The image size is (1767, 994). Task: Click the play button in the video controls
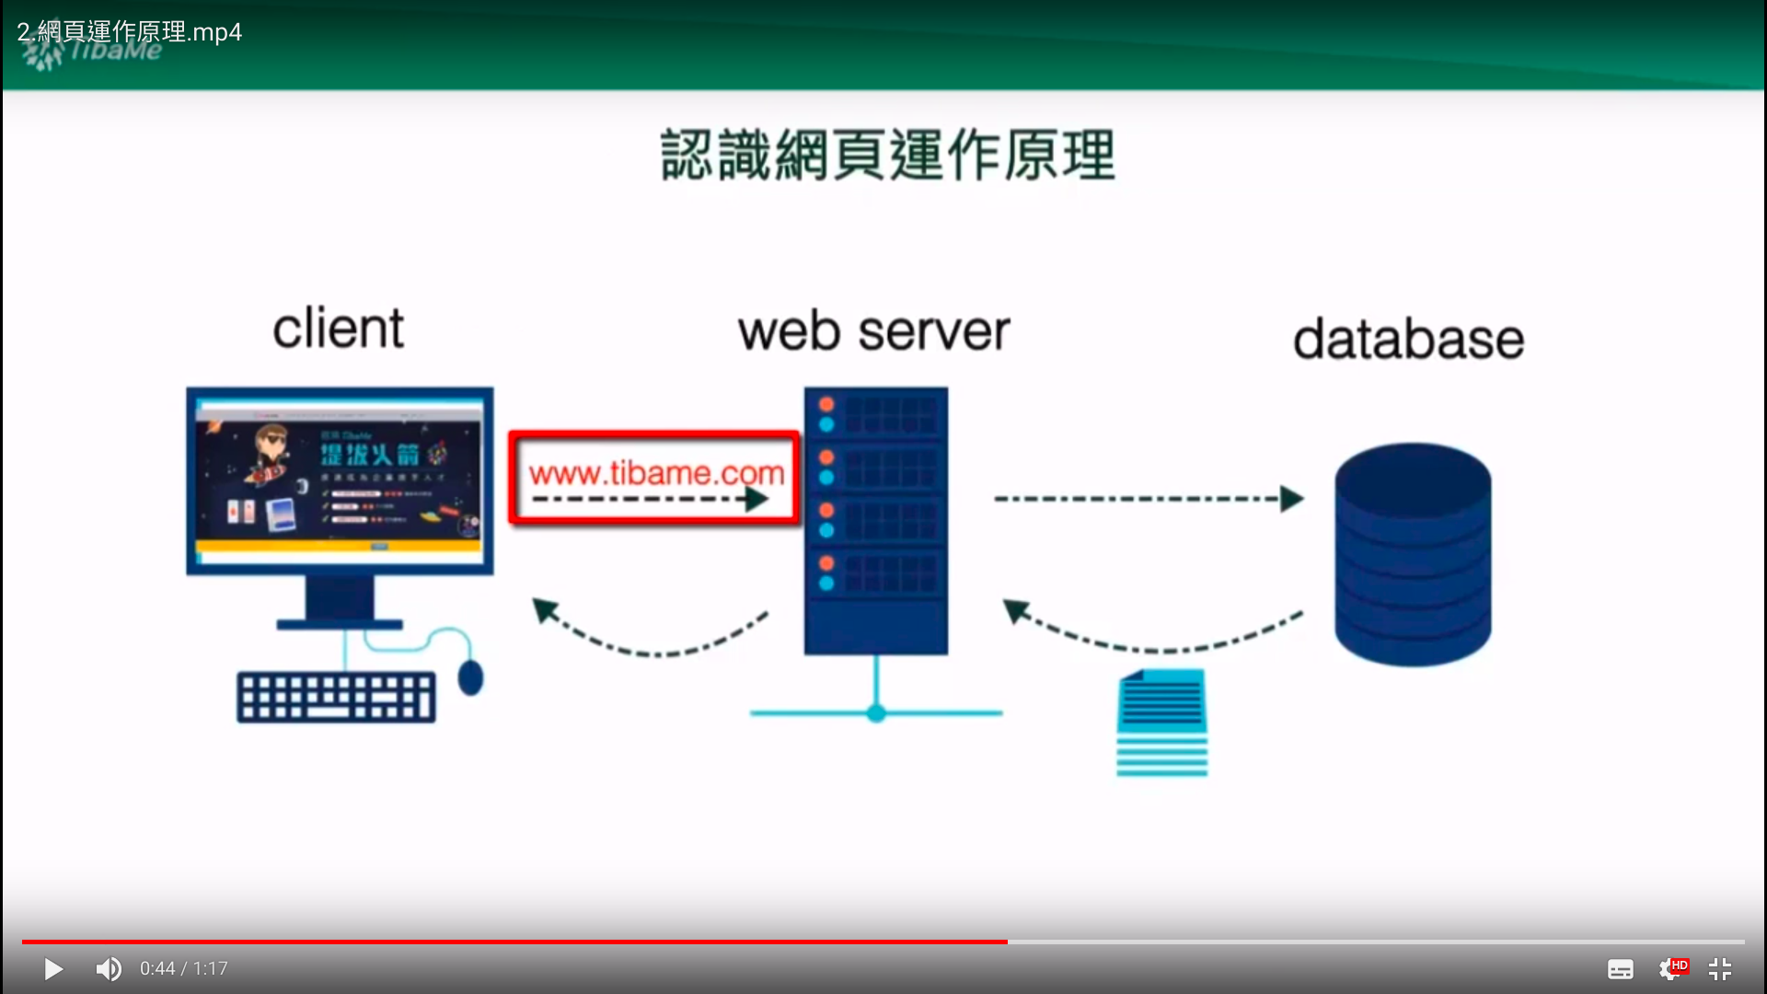(53, 969)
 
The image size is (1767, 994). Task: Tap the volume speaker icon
(109, 969)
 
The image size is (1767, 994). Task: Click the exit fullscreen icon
(1719, 969)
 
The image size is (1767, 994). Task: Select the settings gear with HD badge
(1670, 969)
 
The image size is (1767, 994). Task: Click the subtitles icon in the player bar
(1620, 969)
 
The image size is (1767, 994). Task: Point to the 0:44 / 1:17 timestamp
(183, 969)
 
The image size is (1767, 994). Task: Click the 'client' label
(338, 329)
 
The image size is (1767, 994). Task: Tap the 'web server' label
(873, 331)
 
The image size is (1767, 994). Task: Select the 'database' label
(1408, 339)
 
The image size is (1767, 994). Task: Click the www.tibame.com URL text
(656, 473)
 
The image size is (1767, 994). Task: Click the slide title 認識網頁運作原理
(888, 155)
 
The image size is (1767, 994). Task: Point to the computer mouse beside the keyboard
(470, 677)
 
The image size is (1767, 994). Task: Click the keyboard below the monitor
(336, 698)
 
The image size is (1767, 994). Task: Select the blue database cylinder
(1413, 554)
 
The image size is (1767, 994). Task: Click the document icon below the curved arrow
(1161, 722)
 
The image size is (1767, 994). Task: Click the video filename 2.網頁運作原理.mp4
(129, 32)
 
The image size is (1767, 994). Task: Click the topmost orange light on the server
(826, 404)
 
